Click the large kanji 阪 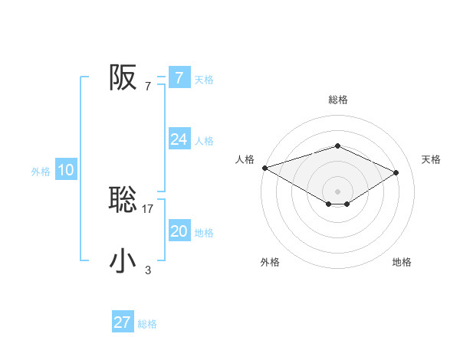tap(123, 77)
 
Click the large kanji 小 tap(123, 261)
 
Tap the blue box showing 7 tap(179, 77)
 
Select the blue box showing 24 tap(179, 139)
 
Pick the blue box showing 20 tap(179, 231)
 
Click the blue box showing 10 tap(66, 171)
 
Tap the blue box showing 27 tap(123, 322)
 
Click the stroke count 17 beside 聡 tap(148, 208)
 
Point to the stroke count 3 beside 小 tap(148, 270)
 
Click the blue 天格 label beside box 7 tap(204, 79)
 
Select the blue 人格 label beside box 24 tap(204, 141)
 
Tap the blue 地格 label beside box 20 tap(204, 233)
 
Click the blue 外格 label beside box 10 tap(41, 172)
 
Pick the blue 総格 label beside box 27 tap(147, 324)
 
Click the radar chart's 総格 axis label tap(338, 100)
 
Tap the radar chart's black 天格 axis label tap(431, 159)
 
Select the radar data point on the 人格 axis tap(264, 167)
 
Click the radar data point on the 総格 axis tap(338, 146)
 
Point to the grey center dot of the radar tap(338, 191)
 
